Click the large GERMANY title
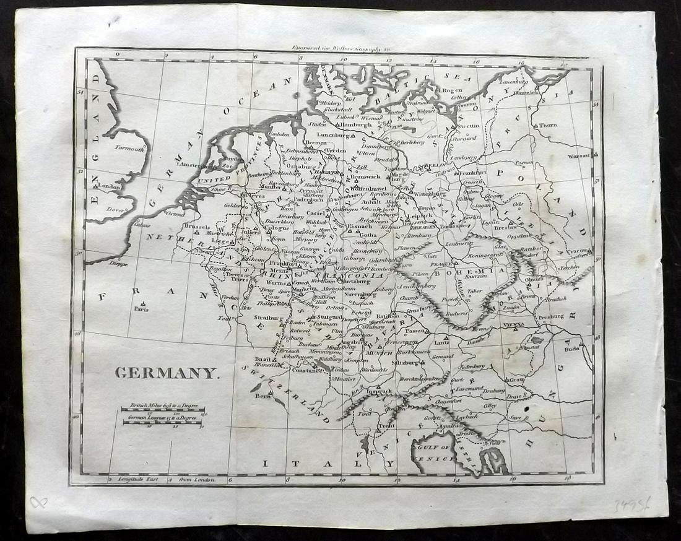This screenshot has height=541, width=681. (166, 373)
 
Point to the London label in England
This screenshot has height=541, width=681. (108, 186)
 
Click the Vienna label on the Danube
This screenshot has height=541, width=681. (513, 324)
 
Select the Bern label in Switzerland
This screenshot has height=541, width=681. (264, 394)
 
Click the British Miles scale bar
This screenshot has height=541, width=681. (163, 408)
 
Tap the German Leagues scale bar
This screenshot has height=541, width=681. (162, 422)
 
